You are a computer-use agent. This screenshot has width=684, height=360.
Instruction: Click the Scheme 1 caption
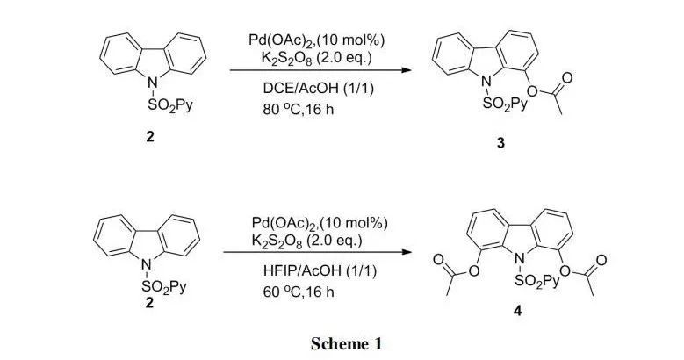tap(346, 343)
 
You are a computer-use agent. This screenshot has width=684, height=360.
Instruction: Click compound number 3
tap(500, 144)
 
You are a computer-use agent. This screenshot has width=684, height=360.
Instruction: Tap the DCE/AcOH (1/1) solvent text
tap(309, 87)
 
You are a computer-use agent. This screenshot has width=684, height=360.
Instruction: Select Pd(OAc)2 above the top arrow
tap(282, 40)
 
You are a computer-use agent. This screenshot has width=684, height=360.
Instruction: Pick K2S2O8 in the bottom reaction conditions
tap(277, 241)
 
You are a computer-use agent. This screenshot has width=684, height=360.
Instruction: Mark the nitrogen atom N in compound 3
tap(485, 81)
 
